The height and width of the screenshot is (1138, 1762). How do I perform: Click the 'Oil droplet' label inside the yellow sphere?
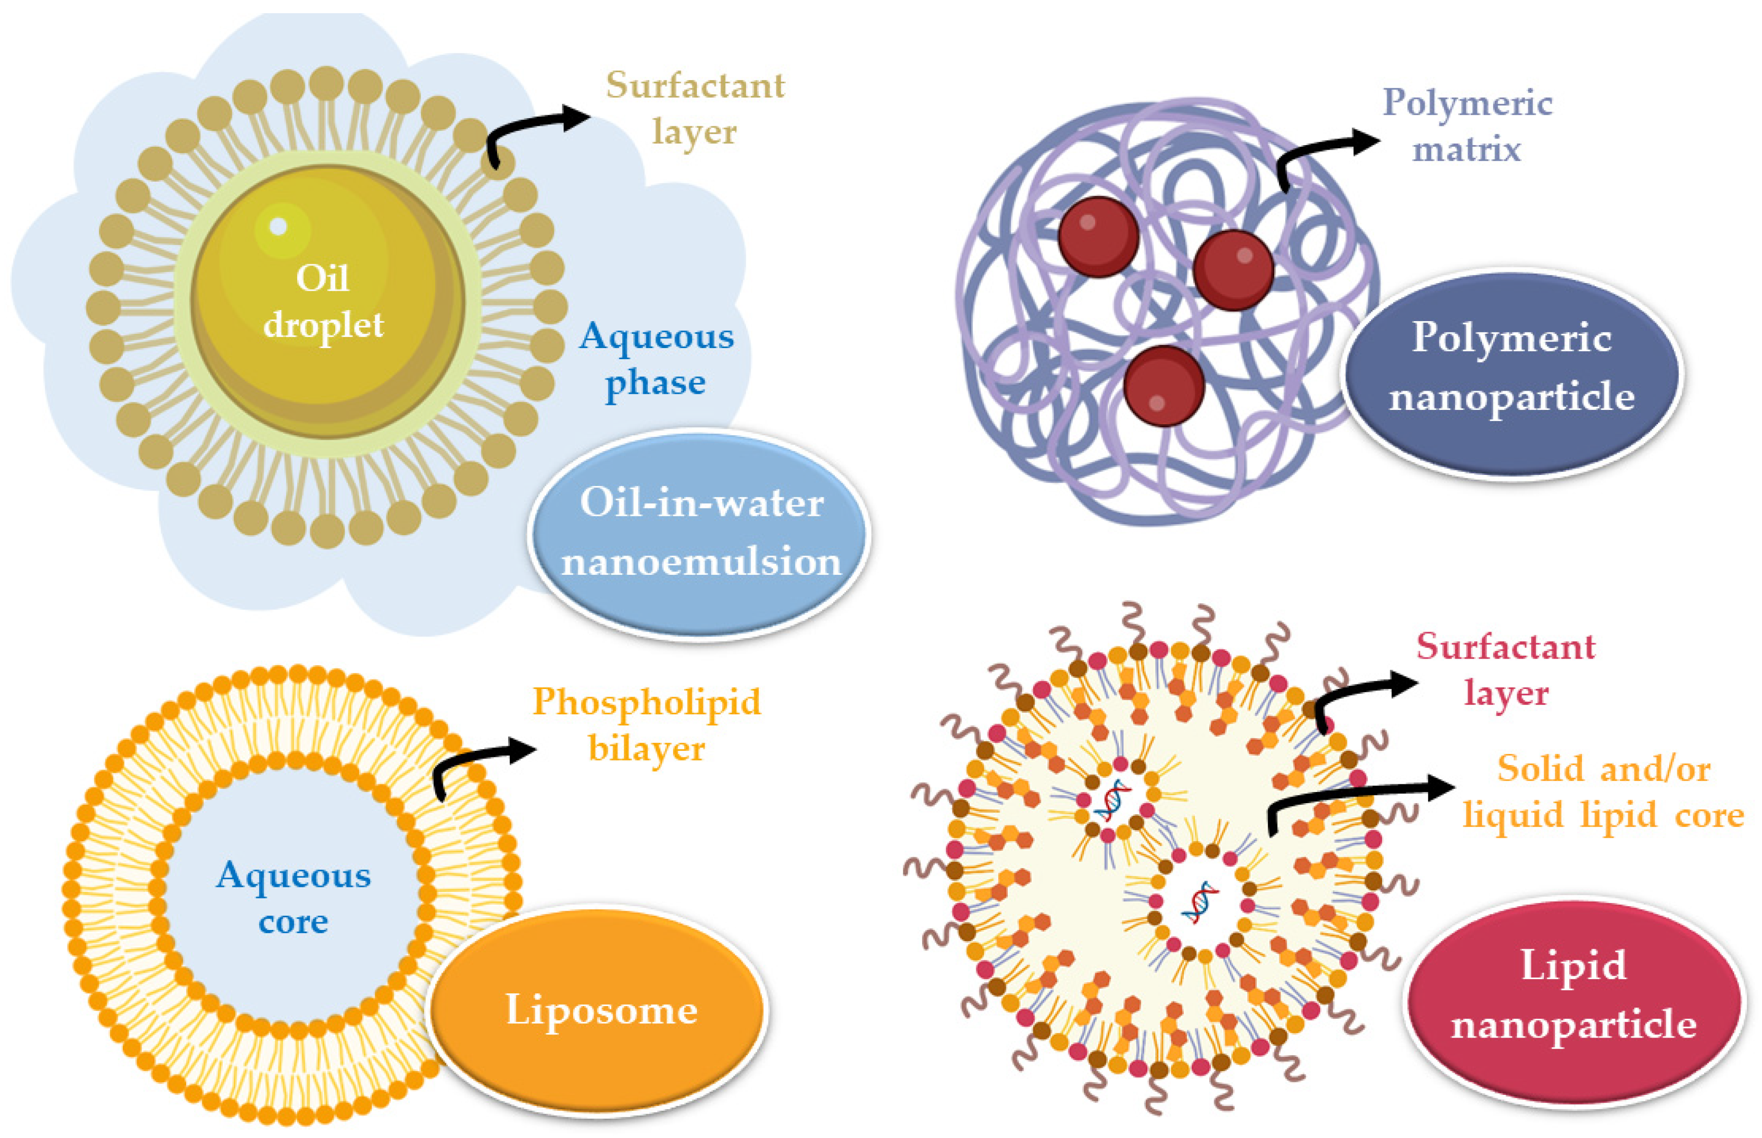[x=323, y=301]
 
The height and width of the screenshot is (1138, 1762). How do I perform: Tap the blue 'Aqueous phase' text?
[x=656, y=359]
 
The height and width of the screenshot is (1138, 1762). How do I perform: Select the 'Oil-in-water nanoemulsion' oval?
[x=699, y=532]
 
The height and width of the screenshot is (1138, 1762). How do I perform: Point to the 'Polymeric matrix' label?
[x=1466, y=126]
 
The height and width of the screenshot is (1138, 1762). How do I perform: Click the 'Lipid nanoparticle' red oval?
[x=1574, y=994]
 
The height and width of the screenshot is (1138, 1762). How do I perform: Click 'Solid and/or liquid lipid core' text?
[x=1603, y=792]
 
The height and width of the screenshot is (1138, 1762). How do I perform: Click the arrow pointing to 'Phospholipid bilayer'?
[x=473, y=761]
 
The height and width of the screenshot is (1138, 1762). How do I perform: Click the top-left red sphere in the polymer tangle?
[x=1098, y=236]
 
